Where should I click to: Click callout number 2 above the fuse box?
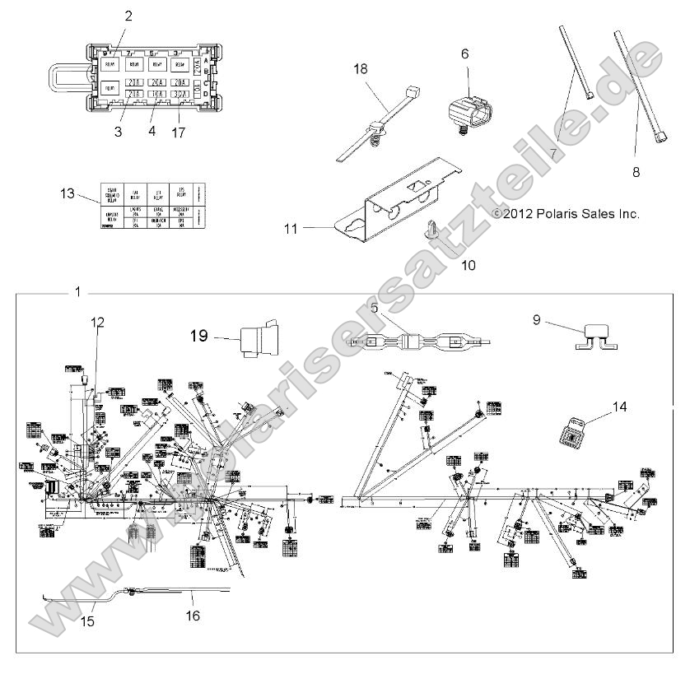[128, 16]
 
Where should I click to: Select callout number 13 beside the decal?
[67, 194]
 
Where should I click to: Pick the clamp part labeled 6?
[467, 115]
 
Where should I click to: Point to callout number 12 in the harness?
[98, 323]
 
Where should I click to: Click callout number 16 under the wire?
[193, 615]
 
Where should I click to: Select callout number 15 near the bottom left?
[88, 621]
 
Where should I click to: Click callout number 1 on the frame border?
[77, 292]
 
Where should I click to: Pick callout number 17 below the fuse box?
[179, 131]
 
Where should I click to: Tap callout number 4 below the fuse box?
[151, 131]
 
